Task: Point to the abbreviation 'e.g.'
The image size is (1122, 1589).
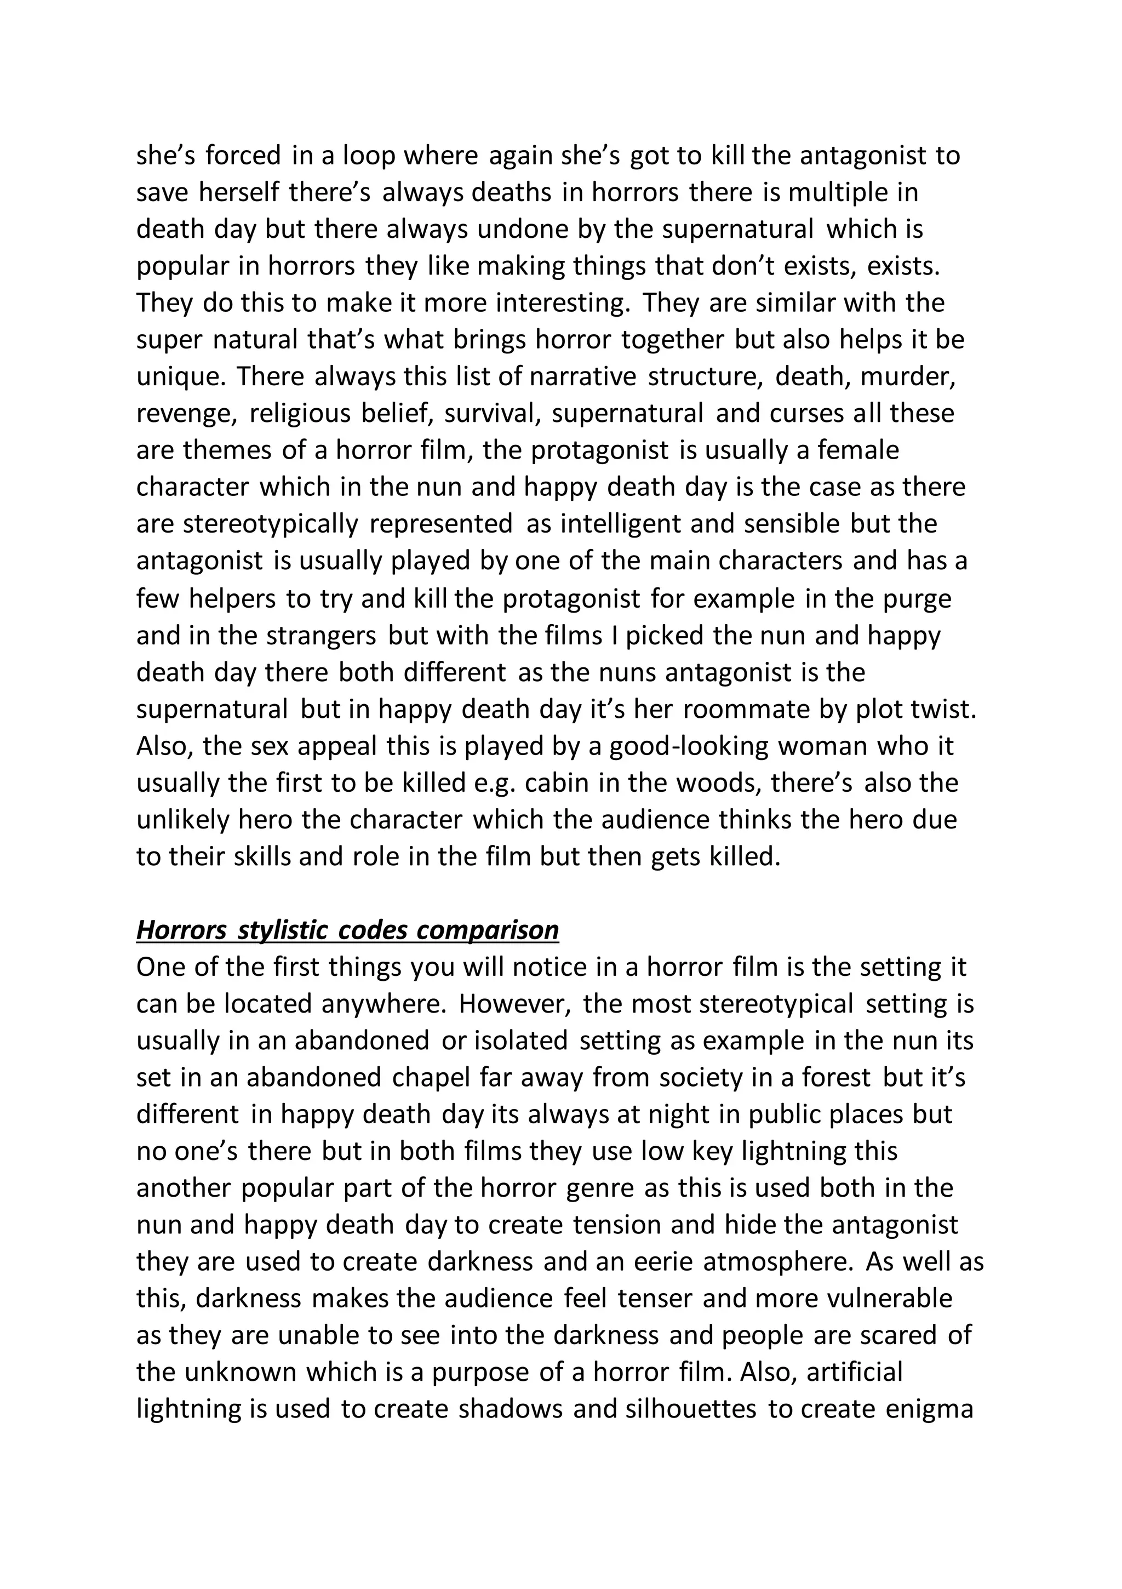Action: (x=494, y=784)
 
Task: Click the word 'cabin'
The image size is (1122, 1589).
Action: (x=557, y=784)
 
